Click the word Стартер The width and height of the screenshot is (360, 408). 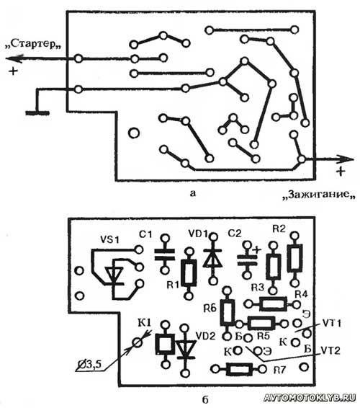click(x=33, y=44)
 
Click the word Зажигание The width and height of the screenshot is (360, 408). click(x=319, y=194)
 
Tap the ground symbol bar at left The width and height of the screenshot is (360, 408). click(x=37, y=113)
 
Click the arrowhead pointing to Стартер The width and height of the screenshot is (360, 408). click(x=14, y=59)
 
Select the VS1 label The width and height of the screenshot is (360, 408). click(x=110, y=239)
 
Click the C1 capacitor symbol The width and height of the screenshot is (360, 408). click(x=165, y=254)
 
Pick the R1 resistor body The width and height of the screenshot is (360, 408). click(x=189, y=272)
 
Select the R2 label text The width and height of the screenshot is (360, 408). click(x=279, y=229)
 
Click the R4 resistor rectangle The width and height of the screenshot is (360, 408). click(x=274, y=303)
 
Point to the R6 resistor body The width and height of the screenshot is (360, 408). click(x=228, y=313)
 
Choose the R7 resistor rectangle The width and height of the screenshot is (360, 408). click(x=239, y=369)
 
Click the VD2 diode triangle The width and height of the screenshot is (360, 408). click(x=185, y=350)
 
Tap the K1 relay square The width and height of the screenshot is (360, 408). click(x=165, y=344)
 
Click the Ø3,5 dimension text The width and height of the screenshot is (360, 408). click(x=89, y=365)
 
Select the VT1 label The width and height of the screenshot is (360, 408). click(x=331, y=324)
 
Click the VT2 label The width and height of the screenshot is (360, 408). click(x=330, y=351)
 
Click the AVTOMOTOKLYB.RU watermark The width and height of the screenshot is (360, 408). click(x=310, y=398)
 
